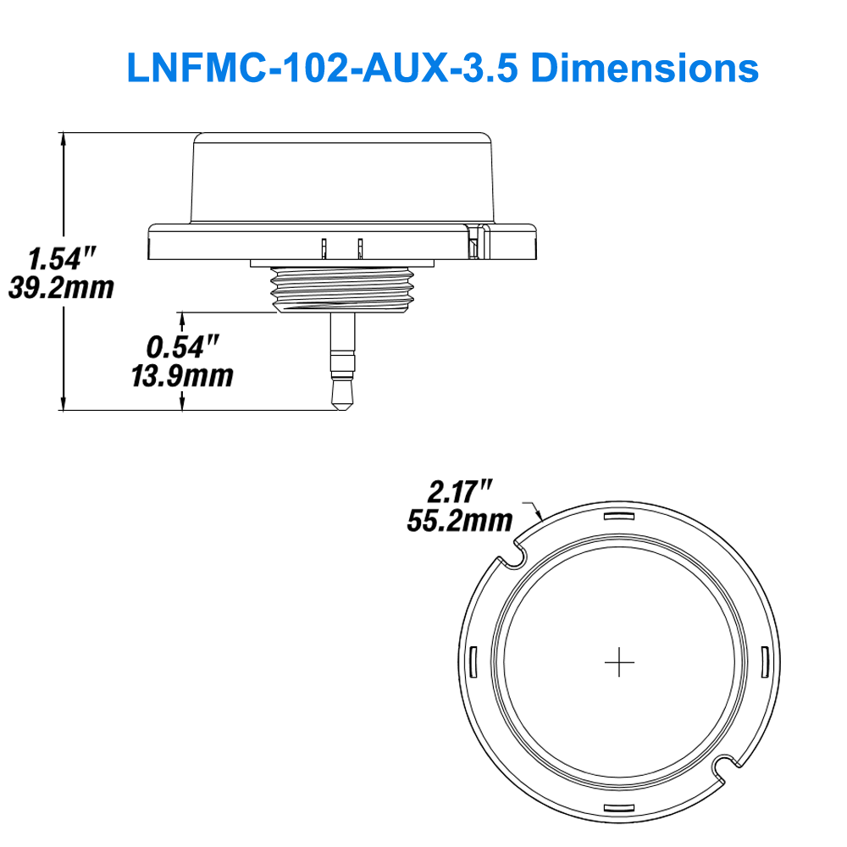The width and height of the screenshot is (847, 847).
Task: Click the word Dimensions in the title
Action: click(645, 67)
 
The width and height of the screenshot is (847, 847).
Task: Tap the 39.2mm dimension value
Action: click(61, 288)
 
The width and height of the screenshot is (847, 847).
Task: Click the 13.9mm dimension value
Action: click(182, 374)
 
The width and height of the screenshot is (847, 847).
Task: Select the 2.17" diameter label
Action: click(460, 490)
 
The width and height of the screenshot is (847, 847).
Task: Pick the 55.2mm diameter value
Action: click(460, 519)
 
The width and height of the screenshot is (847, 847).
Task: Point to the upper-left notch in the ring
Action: click(514, 558)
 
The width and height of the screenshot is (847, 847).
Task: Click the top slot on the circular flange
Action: click(620, 518)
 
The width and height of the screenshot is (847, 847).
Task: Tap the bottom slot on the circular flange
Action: click(620, 808)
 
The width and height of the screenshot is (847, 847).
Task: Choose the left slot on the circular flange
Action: click(474, 662)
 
